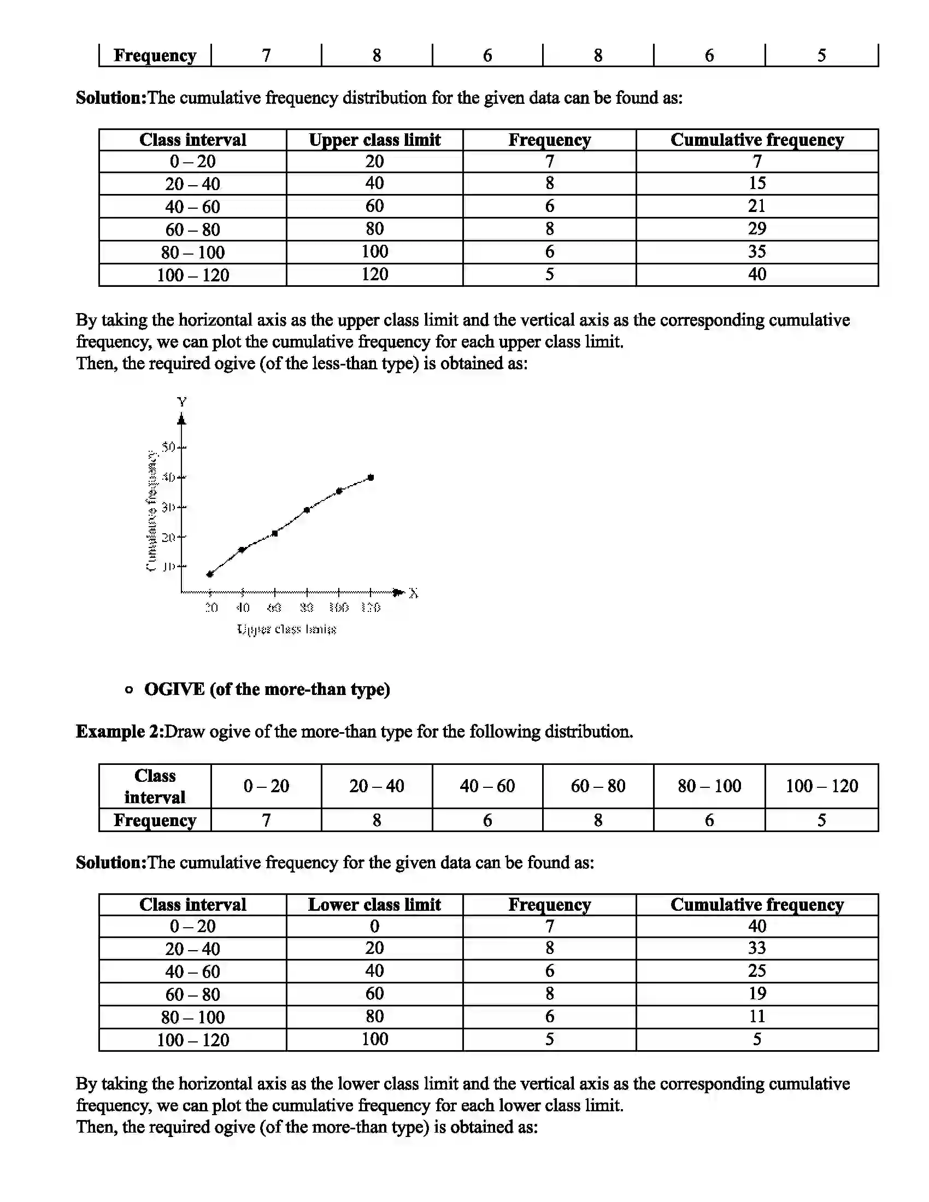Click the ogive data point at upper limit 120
pos(371,477)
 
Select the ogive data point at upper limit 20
pos(210,574)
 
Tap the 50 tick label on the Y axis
pos(168,446)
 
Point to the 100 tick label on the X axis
pos(338,608)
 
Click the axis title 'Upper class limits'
pos(286,629)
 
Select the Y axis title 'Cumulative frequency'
pos(151,511)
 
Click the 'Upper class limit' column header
pos(374,140)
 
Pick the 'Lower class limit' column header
pos(374,904)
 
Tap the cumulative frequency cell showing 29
pos(757,228)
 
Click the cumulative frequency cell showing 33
pos(757,948)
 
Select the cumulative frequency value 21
pos(757,206)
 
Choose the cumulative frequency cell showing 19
pos(757,993)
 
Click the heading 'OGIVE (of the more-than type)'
pos(267,689)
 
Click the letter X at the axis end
pos(414,593)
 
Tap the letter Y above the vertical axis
pos(181,402)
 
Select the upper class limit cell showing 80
pos(374,228)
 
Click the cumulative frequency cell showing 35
pos(757,251)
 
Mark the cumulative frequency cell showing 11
pos(757,1016)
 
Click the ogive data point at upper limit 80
pos(307,510)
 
